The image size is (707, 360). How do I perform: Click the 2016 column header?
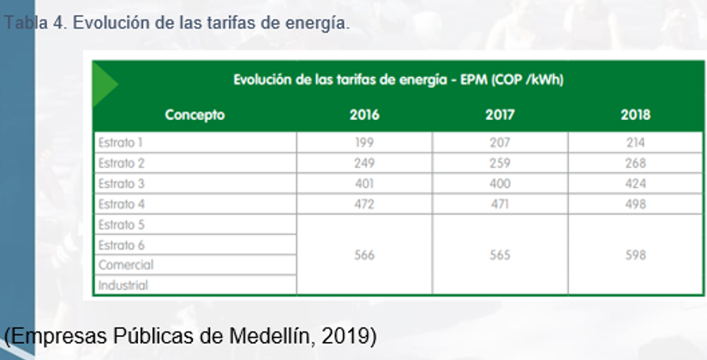[x=364, y=115]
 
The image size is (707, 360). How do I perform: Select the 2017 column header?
[x=500, y=115]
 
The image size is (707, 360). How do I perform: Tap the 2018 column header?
[x=635, y=115]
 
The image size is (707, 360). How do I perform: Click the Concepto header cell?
[x=195, y=115]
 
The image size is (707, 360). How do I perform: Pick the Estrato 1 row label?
[x=120, y=142]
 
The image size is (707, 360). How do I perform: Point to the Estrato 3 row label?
[x=121, y=183]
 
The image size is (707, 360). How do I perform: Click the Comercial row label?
[x=125, y=265]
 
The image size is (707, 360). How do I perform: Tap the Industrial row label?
[x=123, y=285]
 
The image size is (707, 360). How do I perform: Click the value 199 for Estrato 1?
[x=364, y=142]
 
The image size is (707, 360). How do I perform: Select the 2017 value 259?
[x=500, y=163]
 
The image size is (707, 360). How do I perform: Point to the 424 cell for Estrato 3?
[x=635, y=183]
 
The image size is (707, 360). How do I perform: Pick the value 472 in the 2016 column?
[x=364, y=204]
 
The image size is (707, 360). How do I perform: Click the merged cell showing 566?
[x=364, y=255]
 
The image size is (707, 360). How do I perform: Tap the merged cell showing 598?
[x=635, y=255]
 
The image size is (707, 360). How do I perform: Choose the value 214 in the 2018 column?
[x=635, y=142]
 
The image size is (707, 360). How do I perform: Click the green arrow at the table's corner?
[x=104, y=81]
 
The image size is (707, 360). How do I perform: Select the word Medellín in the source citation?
[x=268, y=336]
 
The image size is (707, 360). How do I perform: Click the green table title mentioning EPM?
[x=398, y=81]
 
